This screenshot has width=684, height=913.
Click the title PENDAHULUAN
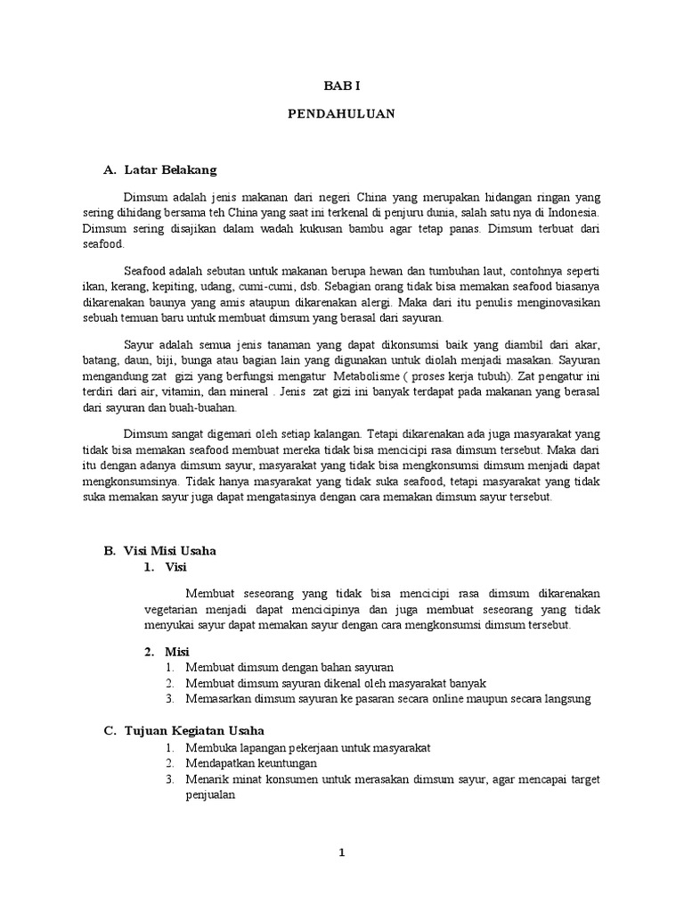[341, 114]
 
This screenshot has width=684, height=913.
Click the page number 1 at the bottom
[341, 852]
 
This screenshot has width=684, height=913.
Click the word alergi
[373, 302]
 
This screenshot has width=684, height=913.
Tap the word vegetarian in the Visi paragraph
[174, 610]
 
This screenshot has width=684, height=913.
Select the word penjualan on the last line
[209, 797]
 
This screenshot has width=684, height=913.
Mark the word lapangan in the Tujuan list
[252, 747]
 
